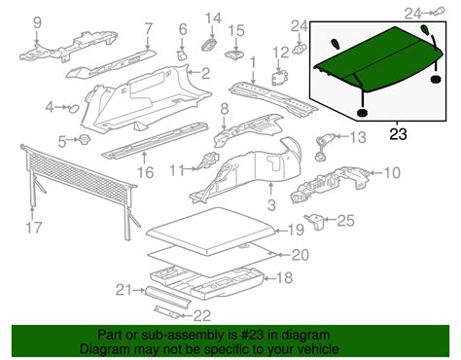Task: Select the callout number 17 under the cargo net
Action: pyautogui.click(x=34, y=231)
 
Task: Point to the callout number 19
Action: pyautogui.click(x=297, y=231)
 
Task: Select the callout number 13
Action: pyautogui.click(x=358, y=139)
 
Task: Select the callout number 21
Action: pyautogui.click(x=122, y=289)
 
